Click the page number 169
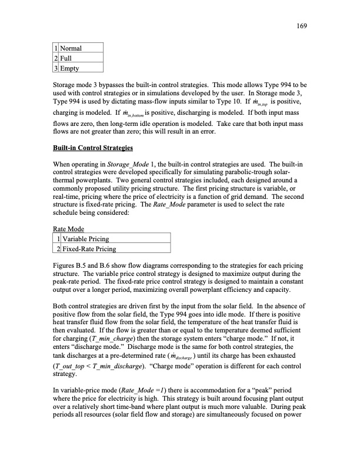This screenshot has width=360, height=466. click(304, 26)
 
